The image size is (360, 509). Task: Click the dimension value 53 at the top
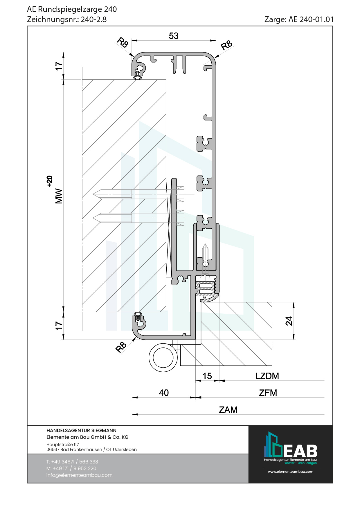174,36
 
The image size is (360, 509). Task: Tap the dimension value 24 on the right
289,321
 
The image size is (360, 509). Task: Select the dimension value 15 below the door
207,376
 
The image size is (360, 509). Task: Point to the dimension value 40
164,393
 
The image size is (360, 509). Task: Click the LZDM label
267,376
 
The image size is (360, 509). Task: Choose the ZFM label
268,393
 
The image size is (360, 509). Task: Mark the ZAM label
228,410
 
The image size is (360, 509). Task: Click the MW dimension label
59,196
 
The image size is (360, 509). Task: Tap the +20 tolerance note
50,181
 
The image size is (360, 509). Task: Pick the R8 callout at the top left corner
123,42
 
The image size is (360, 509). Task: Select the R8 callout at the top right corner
226,45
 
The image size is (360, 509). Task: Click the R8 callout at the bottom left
121,347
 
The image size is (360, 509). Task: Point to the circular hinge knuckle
163,358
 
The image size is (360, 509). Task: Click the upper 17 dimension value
59,66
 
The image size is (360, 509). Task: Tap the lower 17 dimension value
59,326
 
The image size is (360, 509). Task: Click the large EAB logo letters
300,451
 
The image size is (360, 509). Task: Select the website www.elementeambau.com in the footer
290,472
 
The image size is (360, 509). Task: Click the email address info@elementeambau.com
79,475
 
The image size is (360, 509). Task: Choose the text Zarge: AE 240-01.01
299,19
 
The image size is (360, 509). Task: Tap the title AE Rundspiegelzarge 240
72,9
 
